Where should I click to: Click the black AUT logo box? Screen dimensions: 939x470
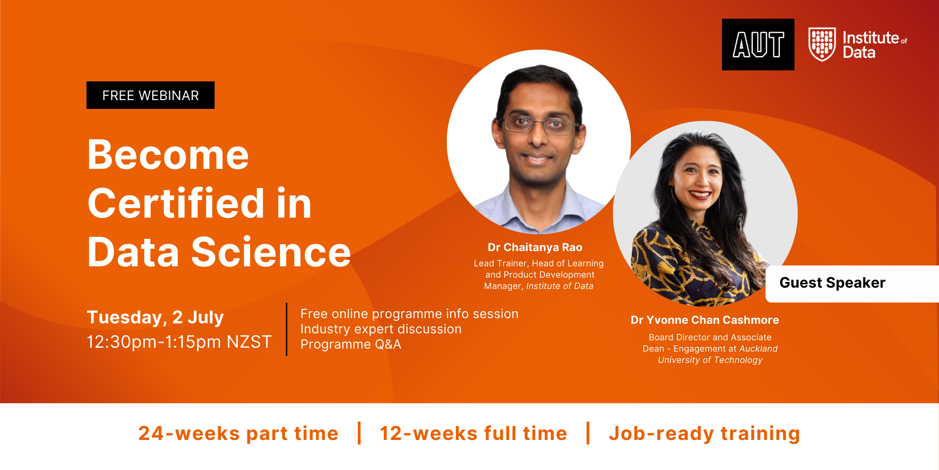pos(758,44)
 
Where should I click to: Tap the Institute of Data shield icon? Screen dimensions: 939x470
pos(822,44)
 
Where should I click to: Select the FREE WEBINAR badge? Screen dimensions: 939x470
pos(150,95)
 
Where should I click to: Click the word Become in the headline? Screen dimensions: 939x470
pos(168,155)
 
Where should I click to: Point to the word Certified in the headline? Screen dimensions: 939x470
pos(176,203)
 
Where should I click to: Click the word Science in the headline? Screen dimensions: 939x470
pos(271,252)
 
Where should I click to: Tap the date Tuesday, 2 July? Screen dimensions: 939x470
pos(155,318)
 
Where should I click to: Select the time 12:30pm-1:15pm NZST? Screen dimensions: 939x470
pos(179,342)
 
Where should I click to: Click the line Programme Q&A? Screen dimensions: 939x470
pos(351,344)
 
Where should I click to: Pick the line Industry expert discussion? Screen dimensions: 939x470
pos(381,329)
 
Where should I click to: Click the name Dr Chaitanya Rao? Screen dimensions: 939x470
pos(535,247)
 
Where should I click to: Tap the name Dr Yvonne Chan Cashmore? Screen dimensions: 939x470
pos(705,320)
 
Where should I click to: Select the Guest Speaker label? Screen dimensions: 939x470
pos(832,283)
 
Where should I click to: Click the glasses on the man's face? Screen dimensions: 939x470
pos(539,125)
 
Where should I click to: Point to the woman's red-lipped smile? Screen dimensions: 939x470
pos(699,195)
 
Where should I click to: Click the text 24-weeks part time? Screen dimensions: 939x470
pos(238,433)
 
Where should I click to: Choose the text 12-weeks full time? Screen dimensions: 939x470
pos(473,433)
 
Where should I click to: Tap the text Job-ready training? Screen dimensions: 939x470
pos(704,434)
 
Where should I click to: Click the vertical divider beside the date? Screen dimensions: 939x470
pos(286,329)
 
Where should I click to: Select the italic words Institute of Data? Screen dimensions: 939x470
pos(559,286)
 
